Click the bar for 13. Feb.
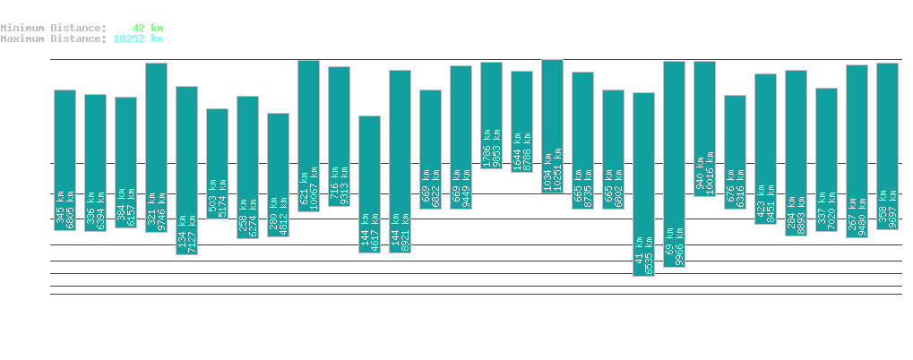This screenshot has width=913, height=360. pyautogui.click(x=65, y=160)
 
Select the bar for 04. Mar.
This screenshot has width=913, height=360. pyautogui.click(x=643, y=184)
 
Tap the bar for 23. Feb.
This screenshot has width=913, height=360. pyautogui.click(x=369, y=184)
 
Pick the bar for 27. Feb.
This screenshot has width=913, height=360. pyautogui.click(x=491, y=115)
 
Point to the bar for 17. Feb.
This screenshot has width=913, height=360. pyautogui.click(x=186, y=170)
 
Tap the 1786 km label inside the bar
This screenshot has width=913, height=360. pyautogui.click(x=487, y=145)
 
